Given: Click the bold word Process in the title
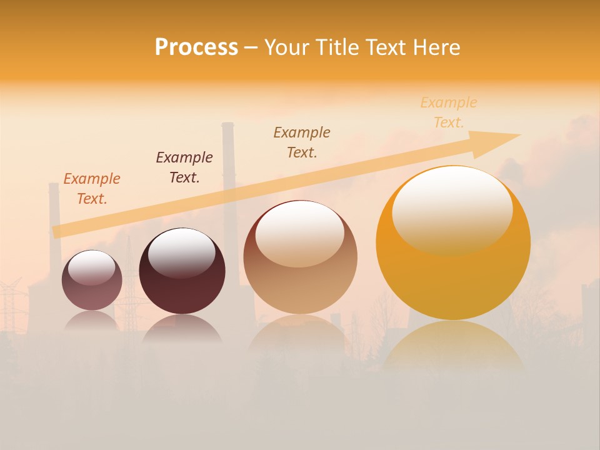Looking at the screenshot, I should point(196,47).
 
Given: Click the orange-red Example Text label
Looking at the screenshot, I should point(92,189).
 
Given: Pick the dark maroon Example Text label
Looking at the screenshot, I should point(184,167).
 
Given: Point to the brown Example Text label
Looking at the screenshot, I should point(302,142).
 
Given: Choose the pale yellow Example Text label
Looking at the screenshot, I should point(449,112).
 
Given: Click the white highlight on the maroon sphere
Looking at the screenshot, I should point(182,252).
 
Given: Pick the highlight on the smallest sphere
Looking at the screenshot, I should point(91,267).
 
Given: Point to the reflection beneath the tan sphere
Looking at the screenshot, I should point(299,334).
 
